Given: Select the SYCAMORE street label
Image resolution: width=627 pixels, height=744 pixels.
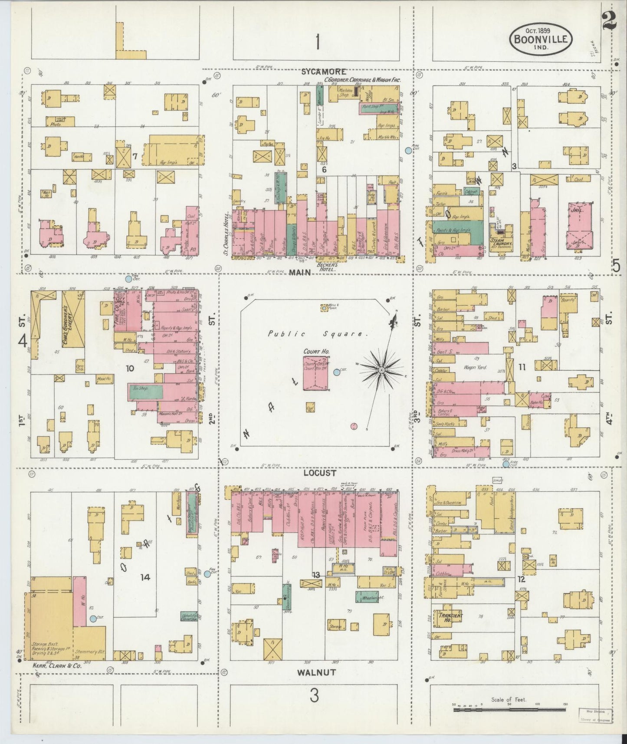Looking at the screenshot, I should click(x=319, y=72).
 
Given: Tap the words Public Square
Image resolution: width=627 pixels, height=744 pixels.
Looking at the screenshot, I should click(x=318, y=334).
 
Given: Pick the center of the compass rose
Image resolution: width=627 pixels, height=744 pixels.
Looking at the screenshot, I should click(x=381, y=369).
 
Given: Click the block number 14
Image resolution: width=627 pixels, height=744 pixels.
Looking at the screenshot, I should click(x=144, y=577).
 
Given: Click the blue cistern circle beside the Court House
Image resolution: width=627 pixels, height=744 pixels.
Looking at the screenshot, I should click(x=337, y=372).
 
